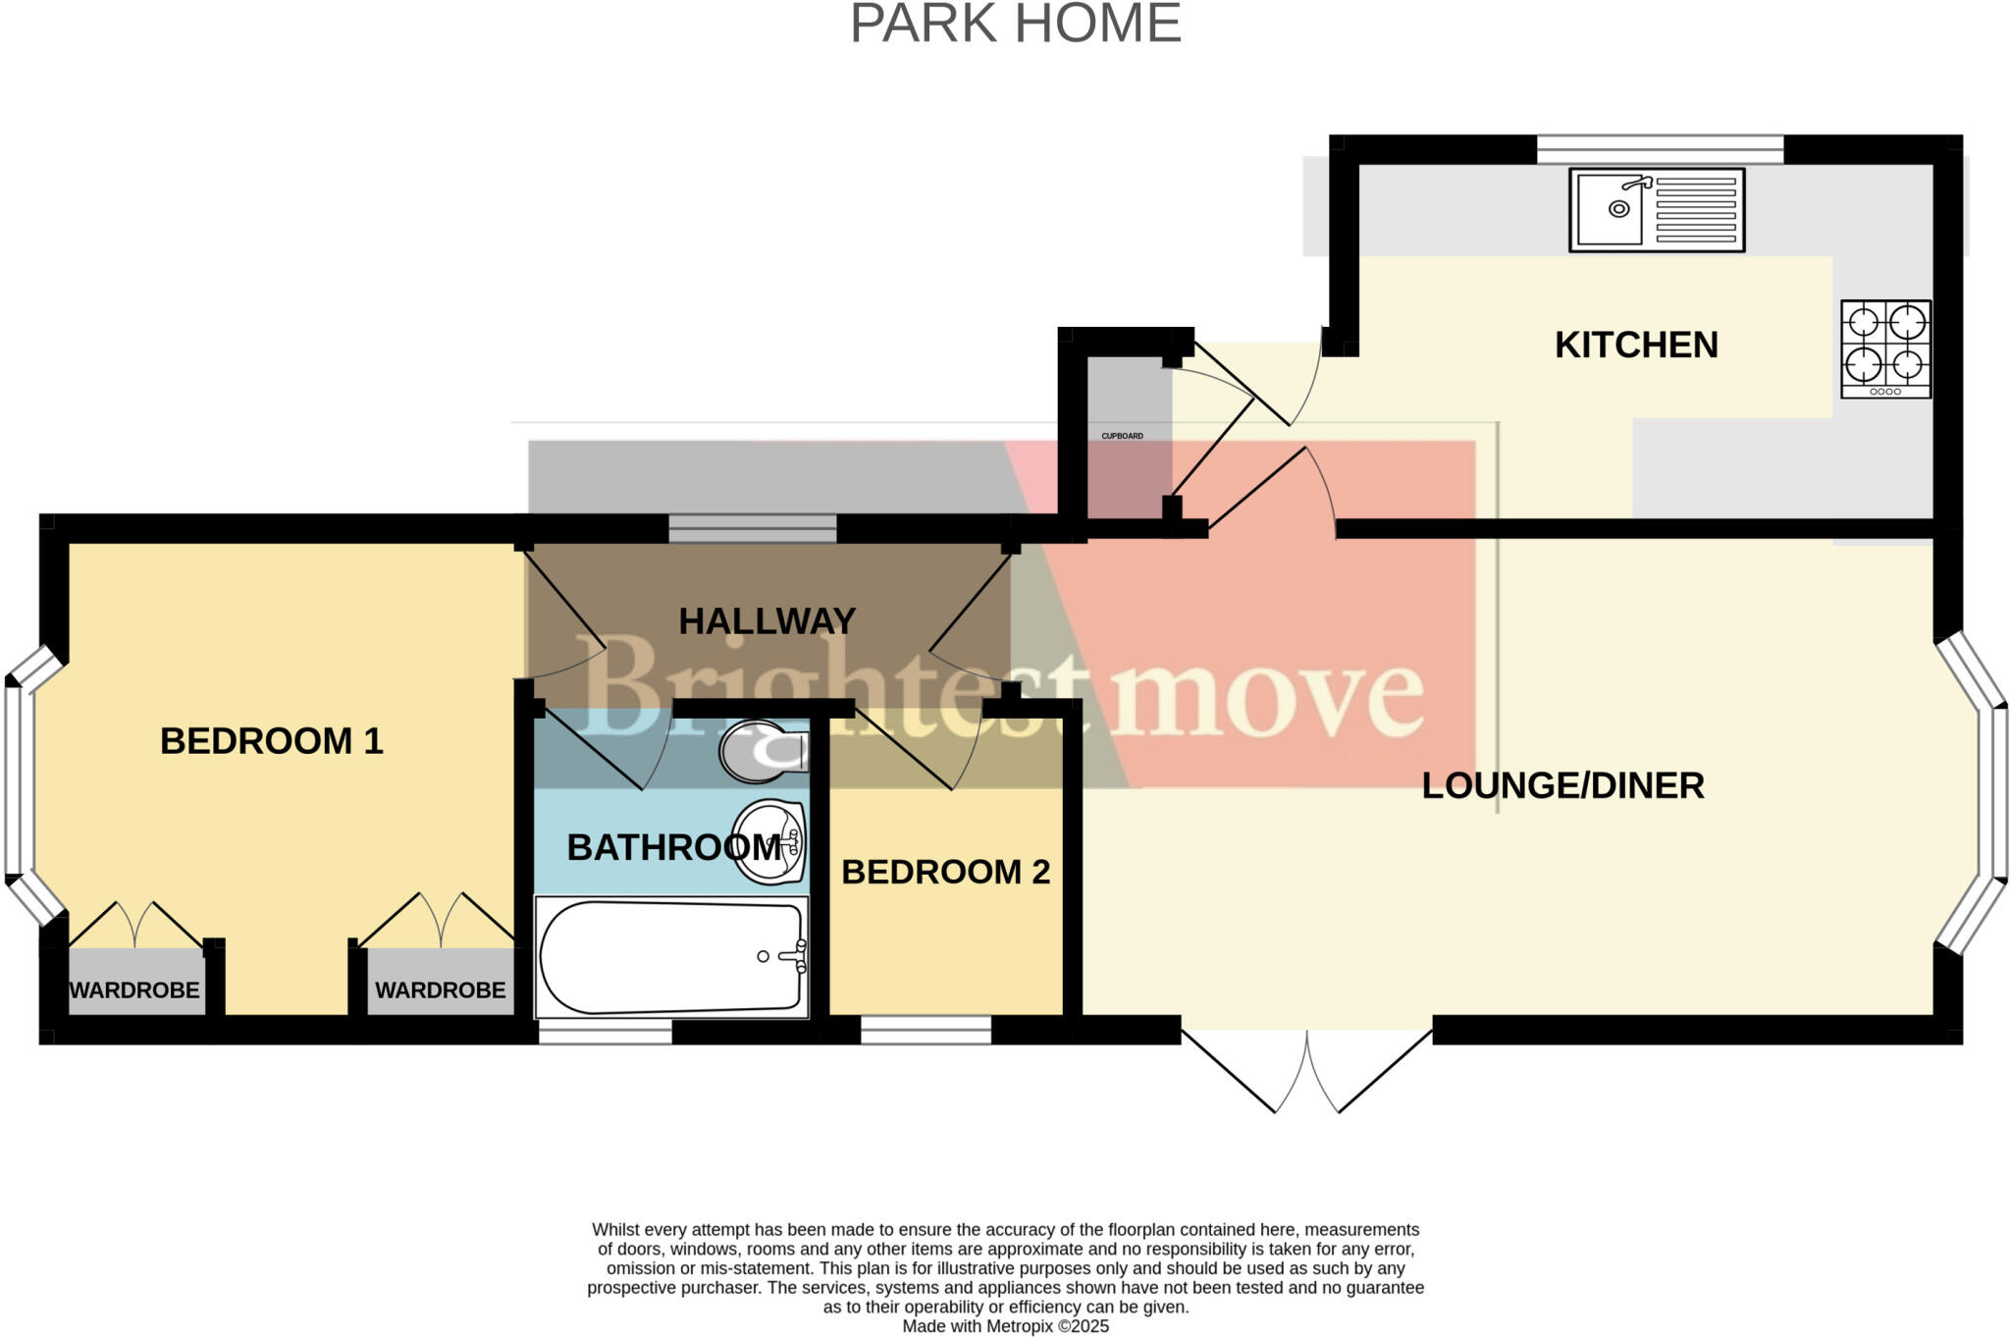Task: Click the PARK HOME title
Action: point(1015,24)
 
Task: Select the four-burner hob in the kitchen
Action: point(1885,348)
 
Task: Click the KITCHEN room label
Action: point(1636,345)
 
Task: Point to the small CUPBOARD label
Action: point(1122,436)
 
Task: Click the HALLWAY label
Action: point(767,620)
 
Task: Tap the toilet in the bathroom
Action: point(764,753)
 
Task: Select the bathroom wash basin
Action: point(770,841)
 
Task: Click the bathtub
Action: point(670,957)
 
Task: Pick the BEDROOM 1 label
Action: point(271,740)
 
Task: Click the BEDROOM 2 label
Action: point(945,871)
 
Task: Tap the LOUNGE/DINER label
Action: point(1562,785)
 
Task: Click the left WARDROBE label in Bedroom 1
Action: point(134,989)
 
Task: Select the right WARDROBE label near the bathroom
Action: point(440,989)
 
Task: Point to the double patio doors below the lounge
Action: point(1306,1070)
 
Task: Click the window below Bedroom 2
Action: point(926,1030)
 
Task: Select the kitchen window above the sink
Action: point(1659,149)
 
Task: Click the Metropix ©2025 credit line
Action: point(1005,1326)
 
